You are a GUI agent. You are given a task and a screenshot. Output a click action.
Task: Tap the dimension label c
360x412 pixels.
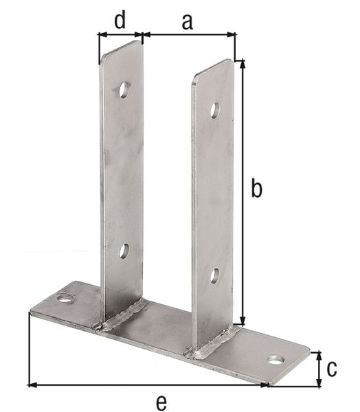pyautogui.click(x=332, y=368)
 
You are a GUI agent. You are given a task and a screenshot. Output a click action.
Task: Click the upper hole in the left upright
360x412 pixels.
pyautogui.click(x=124, y=89)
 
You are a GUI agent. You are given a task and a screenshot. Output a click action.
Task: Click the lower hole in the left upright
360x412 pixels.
pyautogui.click(x=124, y=251)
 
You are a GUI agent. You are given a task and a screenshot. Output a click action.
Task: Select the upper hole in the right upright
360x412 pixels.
pyautogui.click(x=215, y=110)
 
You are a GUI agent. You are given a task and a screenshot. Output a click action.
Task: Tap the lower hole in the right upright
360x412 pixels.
pyautogui.click(x=214, y=276)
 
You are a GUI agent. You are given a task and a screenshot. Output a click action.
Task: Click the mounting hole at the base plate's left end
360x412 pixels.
pyautogui.click(x=65, y=299)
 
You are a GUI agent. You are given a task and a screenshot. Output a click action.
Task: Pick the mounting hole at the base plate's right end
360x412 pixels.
pyautogui.click(x=275, y=360)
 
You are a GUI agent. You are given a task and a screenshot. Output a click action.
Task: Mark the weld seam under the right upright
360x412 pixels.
pyautogui.click(x=215, y=343)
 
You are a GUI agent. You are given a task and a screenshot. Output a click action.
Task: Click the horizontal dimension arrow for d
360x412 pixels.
pyautogui.click(x=120, y=34)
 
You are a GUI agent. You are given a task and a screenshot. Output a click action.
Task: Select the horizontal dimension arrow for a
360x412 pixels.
pyautogui.click(x=189, y=34)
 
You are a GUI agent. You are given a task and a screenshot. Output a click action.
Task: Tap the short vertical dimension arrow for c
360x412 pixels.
pyautogui.click(x=318, y=368)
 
